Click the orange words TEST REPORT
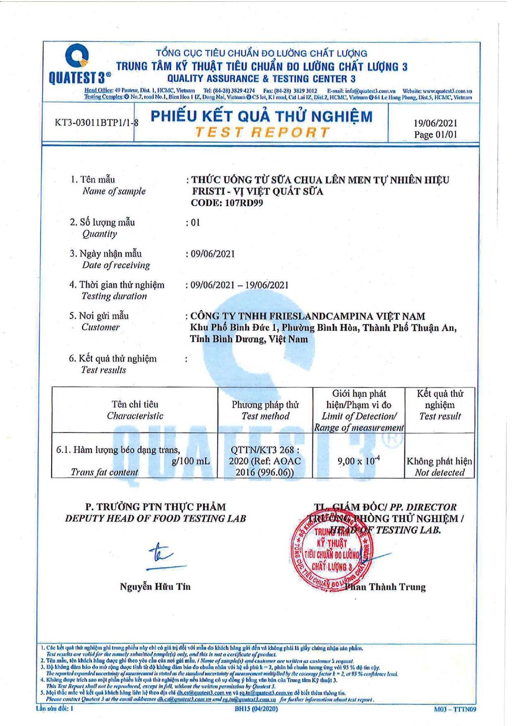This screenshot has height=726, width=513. [x=262, y=132]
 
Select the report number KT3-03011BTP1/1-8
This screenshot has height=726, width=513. [x=97, y=122]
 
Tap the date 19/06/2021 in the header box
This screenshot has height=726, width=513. [x=435, y=123]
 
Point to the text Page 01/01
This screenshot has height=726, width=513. [x=435, y=135]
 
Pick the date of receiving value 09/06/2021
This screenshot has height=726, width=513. [x=213, y=253]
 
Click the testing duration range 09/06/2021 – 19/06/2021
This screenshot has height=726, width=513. [x=239, y=285]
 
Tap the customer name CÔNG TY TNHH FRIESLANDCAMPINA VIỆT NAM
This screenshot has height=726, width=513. [x=307, y=316]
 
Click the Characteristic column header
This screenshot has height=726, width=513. [x=135, y=410]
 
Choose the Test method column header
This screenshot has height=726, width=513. [x=265, y=410]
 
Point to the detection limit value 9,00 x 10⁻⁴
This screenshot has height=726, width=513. [x=359, y=461]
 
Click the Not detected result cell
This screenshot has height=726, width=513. [x=440, y=466]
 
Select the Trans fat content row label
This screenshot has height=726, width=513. [x=105, y=472]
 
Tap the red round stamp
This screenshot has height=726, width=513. [x=332, y=551]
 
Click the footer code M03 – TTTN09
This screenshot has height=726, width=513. [x=455, y=709]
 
